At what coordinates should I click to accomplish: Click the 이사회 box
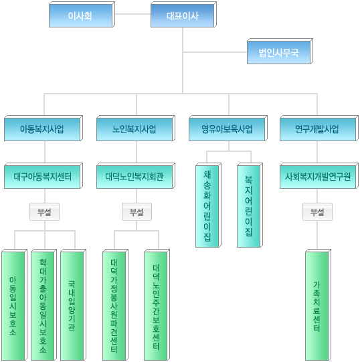point(82,15)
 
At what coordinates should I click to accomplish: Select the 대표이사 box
point(183,15)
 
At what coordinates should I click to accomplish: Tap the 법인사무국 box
point(280,52)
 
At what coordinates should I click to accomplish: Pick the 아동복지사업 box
point(43,128)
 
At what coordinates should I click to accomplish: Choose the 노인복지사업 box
point(136,128)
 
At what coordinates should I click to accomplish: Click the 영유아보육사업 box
point(228,128)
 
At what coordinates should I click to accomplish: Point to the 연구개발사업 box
point(319,128)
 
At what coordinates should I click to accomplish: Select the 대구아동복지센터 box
point(43,176)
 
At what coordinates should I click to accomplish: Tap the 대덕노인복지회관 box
point(136,176)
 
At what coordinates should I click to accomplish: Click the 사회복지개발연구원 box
point(319,176)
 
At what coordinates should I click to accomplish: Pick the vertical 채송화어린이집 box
point(208,205)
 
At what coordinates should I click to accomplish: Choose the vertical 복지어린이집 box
point(250,205)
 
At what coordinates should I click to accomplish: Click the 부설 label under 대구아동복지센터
point(44,211)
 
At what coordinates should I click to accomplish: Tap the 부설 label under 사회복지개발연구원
point(318,211)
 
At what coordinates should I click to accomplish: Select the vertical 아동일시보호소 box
point(14,304)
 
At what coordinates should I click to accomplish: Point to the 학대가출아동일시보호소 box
point(44,304)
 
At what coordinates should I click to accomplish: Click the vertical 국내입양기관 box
point(73,304)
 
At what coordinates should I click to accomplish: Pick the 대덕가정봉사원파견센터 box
point(116,304)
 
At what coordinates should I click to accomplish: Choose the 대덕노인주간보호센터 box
point(157,304)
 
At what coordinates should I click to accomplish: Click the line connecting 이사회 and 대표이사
point(132,14)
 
